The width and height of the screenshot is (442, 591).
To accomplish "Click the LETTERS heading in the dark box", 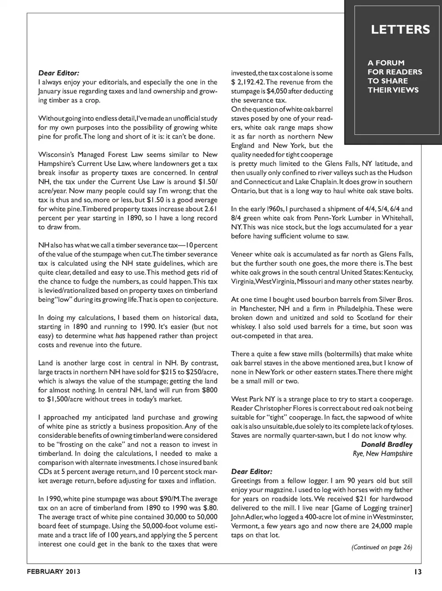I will (400, 30).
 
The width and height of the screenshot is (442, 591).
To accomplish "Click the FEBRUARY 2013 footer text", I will (53, 572).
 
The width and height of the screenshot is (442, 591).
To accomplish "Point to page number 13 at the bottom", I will (417, 572).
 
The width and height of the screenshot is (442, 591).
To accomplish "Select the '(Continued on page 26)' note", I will (382, 547).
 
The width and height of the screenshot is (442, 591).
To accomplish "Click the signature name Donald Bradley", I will (387, 445).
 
